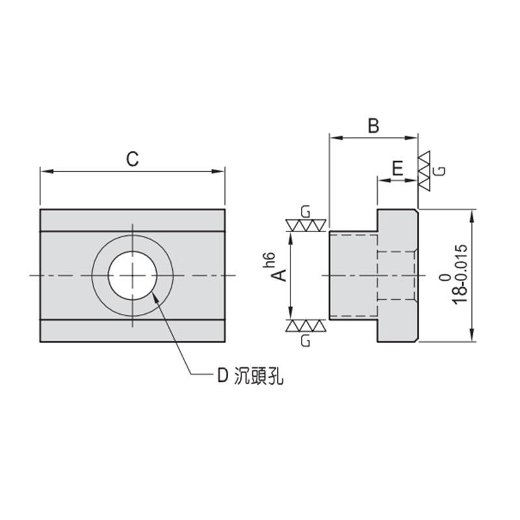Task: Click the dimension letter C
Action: tap(133, 159)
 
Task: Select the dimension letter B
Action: tap(373, 125)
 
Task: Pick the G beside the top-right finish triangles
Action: tap(440, 170)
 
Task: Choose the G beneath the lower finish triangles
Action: tap(305, 340)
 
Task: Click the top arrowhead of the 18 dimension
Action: tap(471, 214)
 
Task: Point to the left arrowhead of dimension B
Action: tap(334, 137)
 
